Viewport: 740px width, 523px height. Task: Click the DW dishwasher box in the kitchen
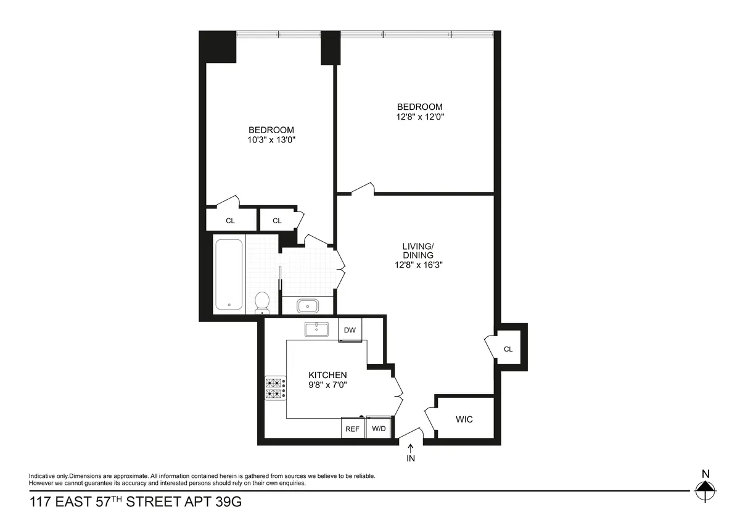coord(350,330)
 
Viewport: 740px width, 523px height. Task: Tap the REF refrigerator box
coord(352,429)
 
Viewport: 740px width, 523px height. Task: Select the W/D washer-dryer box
coord(377,429)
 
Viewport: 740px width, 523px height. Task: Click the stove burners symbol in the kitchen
coord(276,389)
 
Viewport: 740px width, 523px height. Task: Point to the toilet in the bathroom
coord(262,303)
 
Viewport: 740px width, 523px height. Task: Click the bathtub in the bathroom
coord(229,274)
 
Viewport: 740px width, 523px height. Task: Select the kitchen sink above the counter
coord(319,329)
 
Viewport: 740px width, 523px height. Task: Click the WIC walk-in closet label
coord(464,419)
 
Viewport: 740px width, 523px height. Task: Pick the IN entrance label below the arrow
coord(411,459)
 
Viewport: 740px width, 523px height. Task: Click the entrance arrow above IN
coord(411,449)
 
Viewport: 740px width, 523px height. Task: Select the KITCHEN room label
coord(327,375)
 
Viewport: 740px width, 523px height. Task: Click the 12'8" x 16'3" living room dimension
coord(419,265)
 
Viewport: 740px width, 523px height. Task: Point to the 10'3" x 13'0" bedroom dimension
coord(271,140)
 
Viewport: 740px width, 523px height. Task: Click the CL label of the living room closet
coord(508,349)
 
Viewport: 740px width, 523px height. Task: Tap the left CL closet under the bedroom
coord(230,221)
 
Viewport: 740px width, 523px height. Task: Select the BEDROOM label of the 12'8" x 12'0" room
coord(419,107)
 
